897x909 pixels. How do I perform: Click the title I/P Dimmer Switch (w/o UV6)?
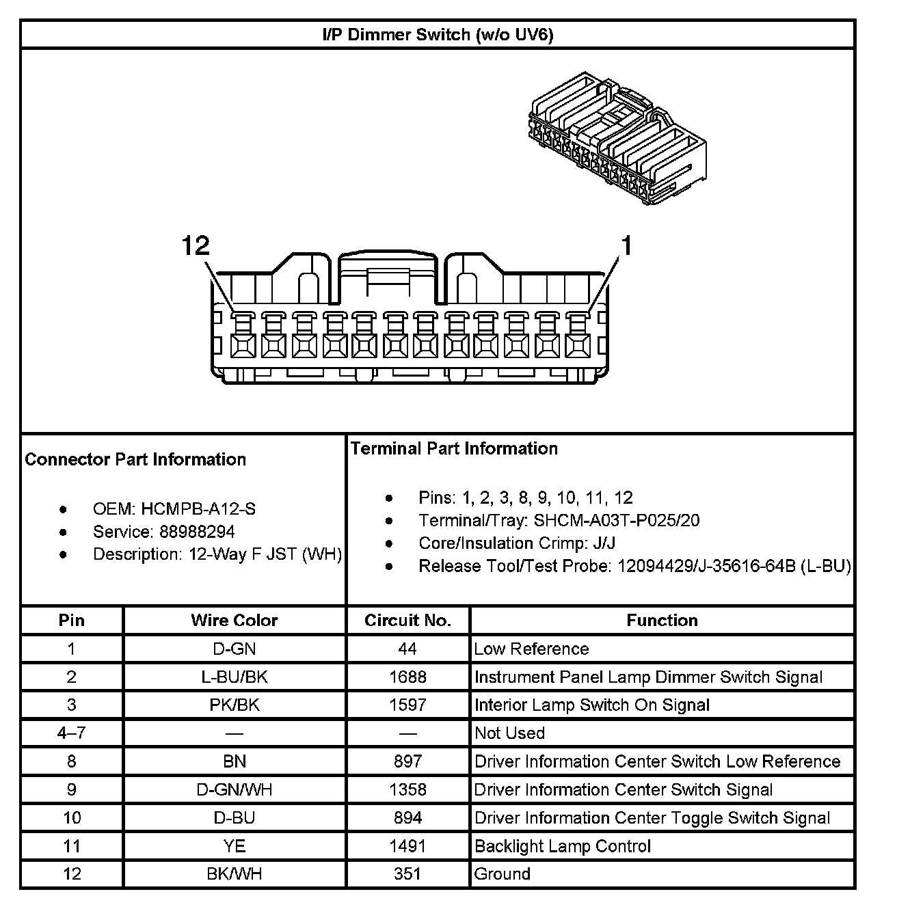438,35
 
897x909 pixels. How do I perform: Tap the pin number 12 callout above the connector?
196,245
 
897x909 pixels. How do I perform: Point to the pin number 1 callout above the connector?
625,245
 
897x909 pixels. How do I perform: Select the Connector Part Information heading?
135,459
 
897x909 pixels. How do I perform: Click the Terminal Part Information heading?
454,448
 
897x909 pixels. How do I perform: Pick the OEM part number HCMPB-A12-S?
199,509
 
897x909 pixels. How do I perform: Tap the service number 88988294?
197,532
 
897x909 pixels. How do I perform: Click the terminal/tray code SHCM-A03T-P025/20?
617,521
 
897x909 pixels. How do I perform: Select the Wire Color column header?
234,621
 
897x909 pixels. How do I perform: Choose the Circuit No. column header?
407,621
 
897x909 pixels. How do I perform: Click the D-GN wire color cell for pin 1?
234,649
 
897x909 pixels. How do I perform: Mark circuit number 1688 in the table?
407,677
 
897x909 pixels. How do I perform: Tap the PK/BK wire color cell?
234,705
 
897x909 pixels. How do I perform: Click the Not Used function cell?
509,733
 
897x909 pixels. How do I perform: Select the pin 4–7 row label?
72,733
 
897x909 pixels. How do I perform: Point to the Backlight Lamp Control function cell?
562,846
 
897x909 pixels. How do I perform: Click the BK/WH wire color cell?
234,874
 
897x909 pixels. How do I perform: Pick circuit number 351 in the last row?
407,874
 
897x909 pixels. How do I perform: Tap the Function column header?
662,621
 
